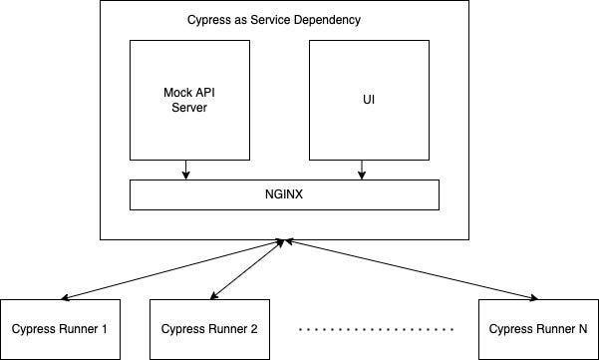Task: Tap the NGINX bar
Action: pyautogui.click(x=284, y=194)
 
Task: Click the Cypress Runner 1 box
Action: pyautogui.click(x=60, y=329)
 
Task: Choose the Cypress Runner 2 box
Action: pyautogui.click(x=209, y=329)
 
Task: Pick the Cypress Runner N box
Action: pyautogui.click(x=537, y=329)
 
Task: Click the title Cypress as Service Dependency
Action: pyautogui.click(x=274, y=20)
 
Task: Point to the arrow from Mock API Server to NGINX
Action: pyautogui.click(x=184, y=170)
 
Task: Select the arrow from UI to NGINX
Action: pyautogui.click(x=360, y=170)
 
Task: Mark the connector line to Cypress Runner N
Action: pyautogui.click(x=409, y=269)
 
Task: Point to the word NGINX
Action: pyautogui.click(x=284, y=194)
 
